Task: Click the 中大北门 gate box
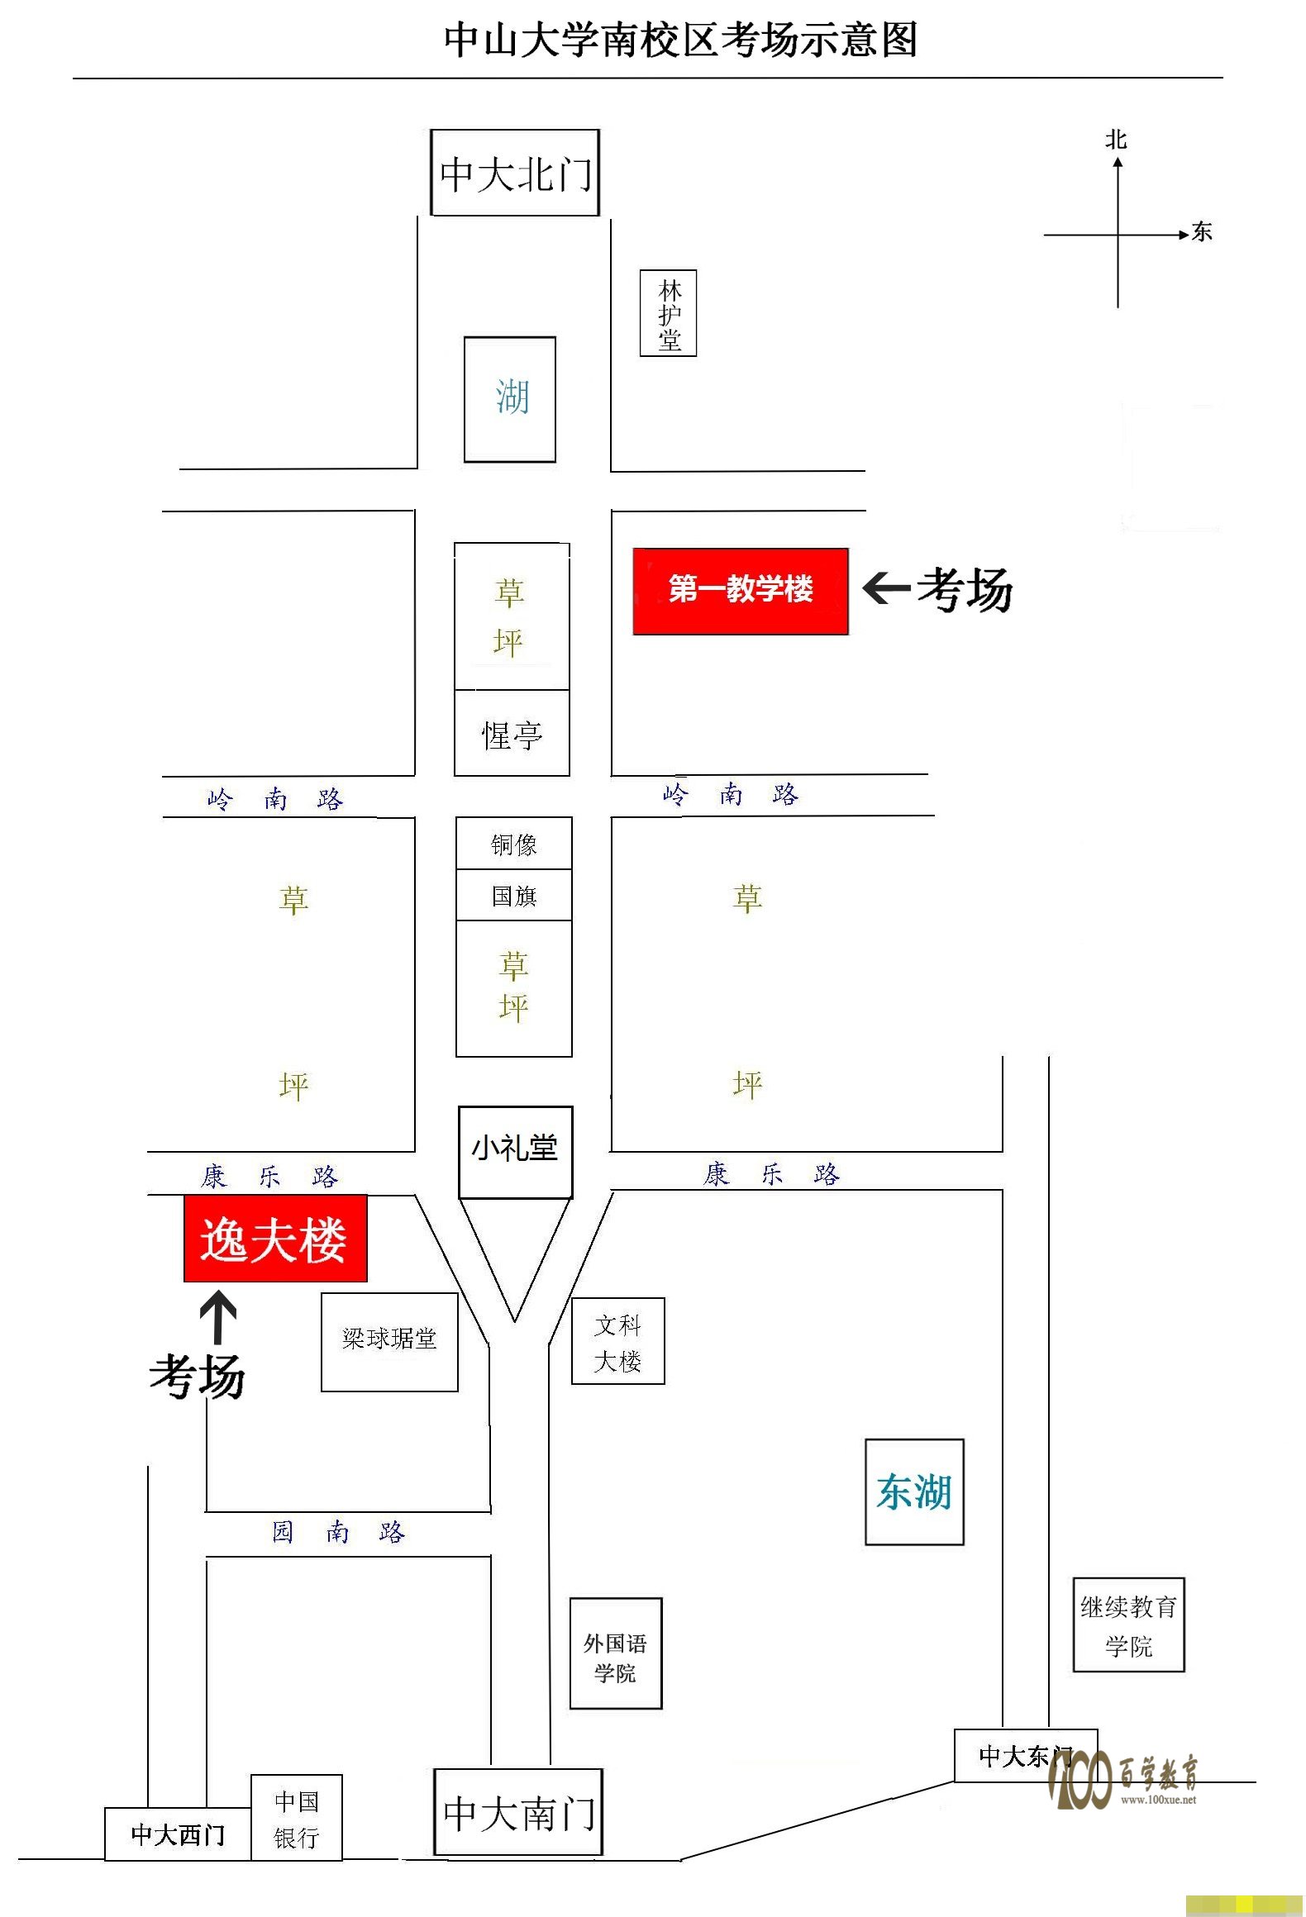[515, 173]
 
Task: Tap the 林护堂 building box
[669, 313]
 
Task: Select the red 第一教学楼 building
[741, 591]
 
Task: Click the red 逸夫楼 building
[275, 1238]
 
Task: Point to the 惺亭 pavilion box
[512, 733]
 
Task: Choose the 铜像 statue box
[514, 844]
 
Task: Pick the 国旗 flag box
[514, 895]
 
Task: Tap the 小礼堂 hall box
[516, 1152]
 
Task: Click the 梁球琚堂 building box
[389, 1342]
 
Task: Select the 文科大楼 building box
[618, 1341]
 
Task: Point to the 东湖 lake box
[915, 1491]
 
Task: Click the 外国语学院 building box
[616, 1653]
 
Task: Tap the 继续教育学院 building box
[1129, 1625]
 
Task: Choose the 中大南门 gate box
[518, 1812]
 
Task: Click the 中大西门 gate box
[178, 1834]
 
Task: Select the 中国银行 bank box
[297, 1818]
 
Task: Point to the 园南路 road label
[339, 1531]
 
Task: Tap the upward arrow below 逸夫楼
[218, 1317]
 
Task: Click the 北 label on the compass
[1117, 139]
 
